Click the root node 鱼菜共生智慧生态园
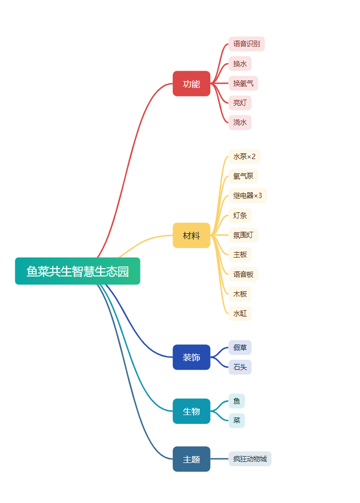[77, 271]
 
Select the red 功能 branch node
[192, 84]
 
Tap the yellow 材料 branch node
[192, 235]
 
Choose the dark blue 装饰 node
[192, 357]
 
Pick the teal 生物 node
[192, 411]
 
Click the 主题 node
[192, 459]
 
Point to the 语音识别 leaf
[246, 44]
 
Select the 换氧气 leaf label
[243, 83]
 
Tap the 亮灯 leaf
[240, 103]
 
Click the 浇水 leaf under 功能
[240, 122]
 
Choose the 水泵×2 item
[244, 156]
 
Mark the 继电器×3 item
[247, 196]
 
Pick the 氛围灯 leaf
[243, 235]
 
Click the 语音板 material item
[243, 274]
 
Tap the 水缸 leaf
[240, 313]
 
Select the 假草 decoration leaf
[240, 348]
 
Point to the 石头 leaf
[240, 367]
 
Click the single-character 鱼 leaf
[237, 401]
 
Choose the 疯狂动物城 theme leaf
[250, 459]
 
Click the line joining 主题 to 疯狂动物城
[219, 459]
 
